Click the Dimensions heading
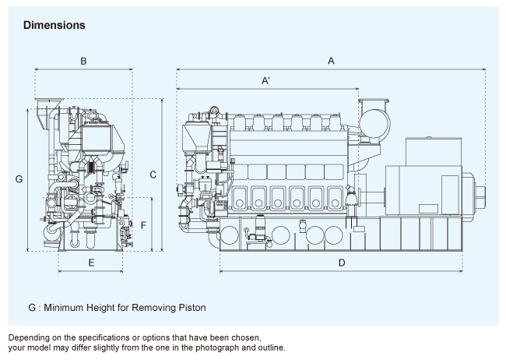click(x=54, y=26)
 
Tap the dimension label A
click(x=331, y=60)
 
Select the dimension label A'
click(x=265, y=80)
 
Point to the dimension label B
click(x=83, y=60)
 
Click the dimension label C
click(x=153, y=175)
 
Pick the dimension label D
click(x=342, y=263)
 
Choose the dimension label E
click(x=91, y=263)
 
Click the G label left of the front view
click(x=19, y=179)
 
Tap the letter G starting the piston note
click(x=32, y=308)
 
